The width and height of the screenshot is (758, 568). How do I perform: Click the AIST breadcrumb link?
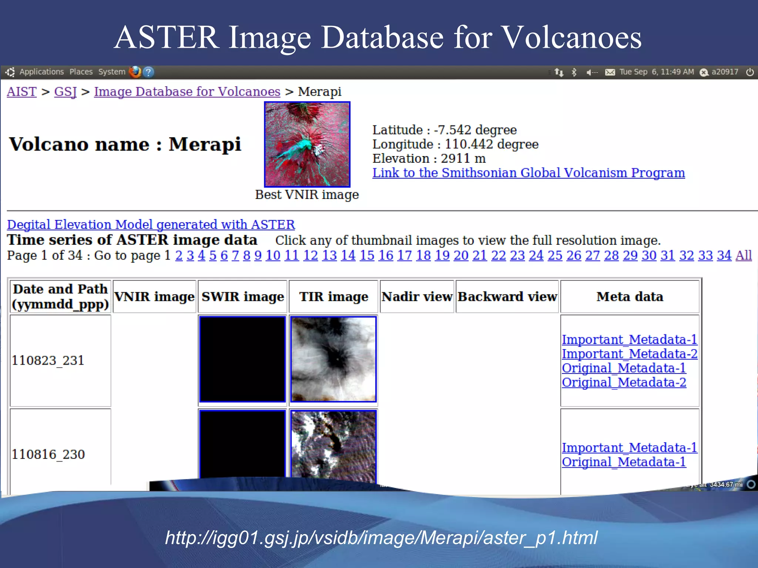[21, 92]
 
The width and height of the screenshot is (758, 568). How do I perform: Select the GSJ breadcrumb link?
[65, 92]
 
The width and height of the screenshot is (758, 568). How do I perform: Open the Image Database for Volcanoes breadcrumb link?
[187, 92]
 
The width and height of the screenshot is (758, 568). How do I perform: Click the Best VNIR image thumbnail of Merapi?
[307, 144]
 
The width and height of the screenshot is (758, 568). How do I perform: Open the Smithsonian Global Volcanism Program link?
[528, 173]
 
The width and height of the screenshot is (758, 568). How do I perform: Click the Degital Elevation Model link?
[151, 224]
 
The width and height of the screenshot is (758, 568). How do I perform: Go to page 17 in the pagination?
[404, 255]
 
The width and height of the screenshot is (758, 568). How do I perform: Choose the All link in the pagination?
[743, 255]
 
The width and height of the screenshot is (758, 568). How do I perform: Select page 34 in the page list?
[724, 255]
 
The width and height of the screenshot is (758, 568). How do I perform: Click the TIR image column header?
[333, 297]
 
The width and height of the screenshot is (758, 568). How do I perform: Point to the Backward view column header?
[507, 297]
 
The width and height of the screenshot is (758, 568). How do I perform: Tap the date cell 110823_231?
[48, 360]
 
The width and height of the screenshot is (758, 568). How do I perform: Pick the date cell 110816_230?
[48, 454]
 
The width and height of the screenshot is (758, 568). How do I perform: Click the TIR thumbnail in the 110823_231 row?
[333, 359]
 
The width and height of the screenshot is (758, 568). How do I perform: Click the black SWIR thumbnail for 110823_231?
[242, 359]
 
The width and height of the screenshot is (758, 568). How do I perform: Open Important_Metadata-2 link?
[629, 354]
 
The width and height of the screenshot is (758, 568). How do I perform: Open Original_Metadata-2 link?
[624, 382]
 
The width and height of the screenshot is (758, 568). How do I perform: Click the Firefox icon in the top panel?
[135, 72]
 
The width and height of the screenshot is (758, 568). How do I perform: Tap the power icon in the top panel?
[749, 72]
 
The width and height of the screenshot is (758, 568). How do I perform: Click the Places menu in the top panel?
[81, 72]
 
